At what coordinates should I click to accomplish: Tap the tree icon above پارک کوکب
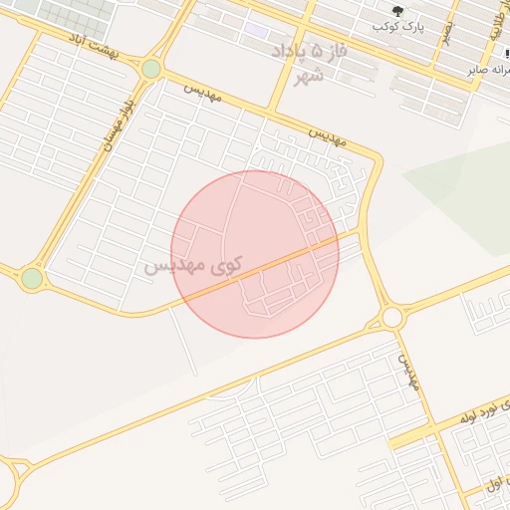click(x=398, y=11)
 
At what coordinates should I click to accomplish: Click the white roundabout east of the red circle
click(x=391, y=317)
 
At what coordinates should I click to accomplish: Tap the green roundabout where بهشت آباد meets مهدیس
click(x=150, y=68)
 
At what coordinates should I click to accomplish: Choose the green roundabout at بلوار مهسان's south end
click(x=32, y=278)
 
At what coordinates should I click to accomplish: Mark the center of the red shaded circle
click(x=255, y=254)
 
